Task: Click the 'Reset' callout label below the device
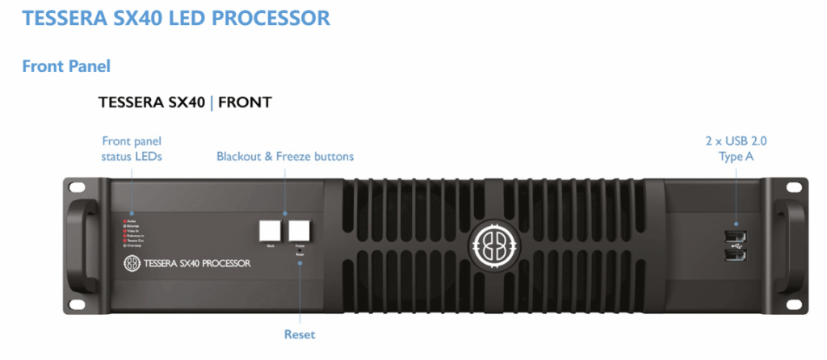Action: coord(299,334)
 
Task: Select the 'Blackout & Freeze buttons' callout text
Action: coord(285,156)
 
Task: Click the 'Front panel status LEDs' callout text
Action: coord(132,148)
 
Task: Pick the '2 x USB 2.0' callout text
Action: coord(736,141)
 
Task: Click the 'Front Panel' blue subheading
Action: coord(66,65)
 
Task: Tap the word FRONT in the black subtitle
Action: coord(245,103)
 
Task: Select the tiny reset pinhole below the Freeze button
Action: coord(300,250)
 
